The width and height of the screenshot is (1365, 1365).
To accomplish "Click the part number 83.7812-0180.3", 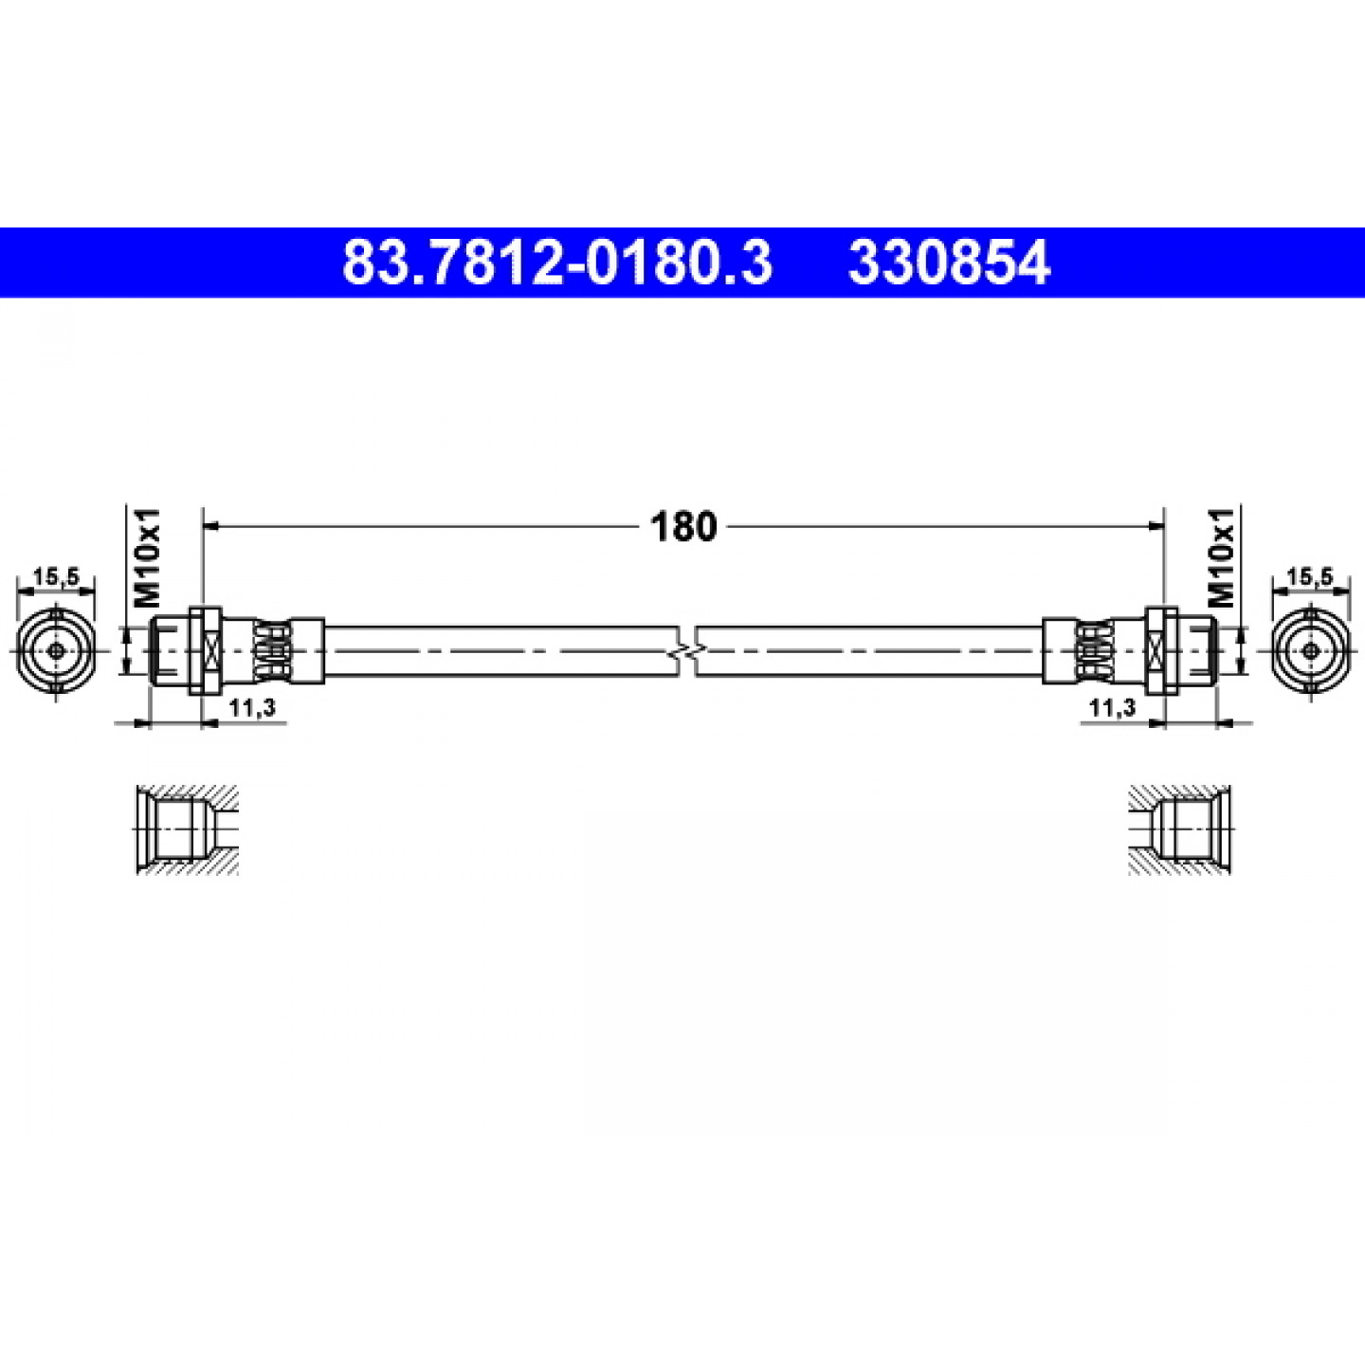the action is [556, 263].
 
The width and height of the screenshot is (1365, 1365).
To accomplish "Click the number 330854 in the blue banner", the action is [949, 263].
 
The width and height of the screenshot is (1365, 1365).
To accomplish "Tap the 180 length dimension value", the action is [683, 527].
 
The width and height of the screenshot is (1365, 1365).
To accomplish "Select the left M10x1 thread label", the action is [147, 557].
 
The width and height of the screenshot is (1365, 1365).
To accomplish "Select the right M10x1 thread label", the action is [1221, 557].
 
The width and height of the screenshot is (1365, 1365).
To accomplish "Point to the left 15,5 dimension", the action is [55, 577].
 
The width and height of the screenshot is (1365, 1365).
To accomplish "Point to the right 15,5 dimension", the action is [1310, 577].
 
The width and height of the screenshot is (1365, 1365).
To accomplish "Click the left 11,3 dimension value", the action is [252, 708].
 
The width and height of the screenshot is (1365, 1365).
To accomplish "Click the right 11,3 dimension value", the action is [1113, 708].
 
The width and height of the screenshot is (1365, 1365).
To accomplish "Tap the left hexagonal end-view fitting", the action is [55, 651].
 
